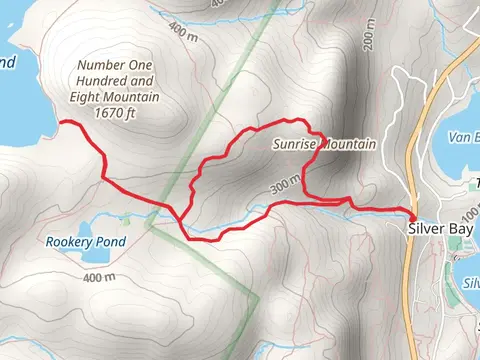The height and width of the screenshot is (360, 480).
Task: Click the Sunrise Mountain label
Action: coord(324,145)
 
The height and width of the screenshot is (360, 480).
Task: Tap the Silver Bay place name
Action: coord(440,229)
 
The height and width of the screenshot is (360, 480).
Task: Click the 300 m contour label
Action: coord(285,184)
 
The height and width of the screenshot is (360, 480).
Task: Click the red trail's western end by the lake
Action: coord(63,122)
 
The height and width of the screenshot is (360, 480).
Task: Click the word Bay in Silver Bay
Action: coord(460,229)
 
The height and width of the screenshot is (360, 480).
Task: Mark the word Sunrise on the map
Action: coord(294,145)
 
